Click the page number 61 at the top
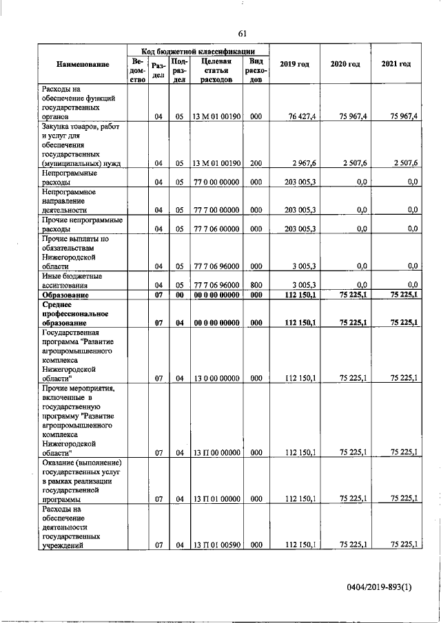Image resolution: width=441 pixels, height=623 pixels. [x=243, y=34]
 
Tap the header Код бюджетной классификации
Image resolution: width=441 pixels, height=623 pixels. [x=198, y=52]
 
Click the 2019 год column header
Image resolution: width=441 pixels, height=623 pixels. [x=294, y=64]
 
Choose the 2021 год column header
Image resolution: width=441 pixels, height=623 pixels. [x=396, y=64]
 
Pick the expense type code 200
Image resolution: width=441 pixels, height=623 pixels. [x=256, y=163]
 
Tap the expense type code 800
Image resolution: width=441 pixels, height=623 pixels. [x=256, y=284]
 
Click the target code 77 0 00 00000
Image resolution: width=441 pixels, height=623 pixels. [x=216, y=182]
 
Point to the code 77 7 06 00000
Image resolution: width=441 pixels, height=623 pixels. [x=216, y=229]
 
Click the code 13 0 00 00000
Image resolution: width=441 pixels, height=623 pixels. [x=216, y=377]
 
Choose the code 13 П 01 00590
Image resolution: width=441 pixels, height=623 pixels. [x=216, y=545]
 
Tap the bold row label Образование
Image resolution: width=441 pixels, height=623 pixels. [x=63, y=295]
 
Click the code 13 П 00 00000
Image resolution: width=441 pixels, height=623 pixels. [x=216, y=452]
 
